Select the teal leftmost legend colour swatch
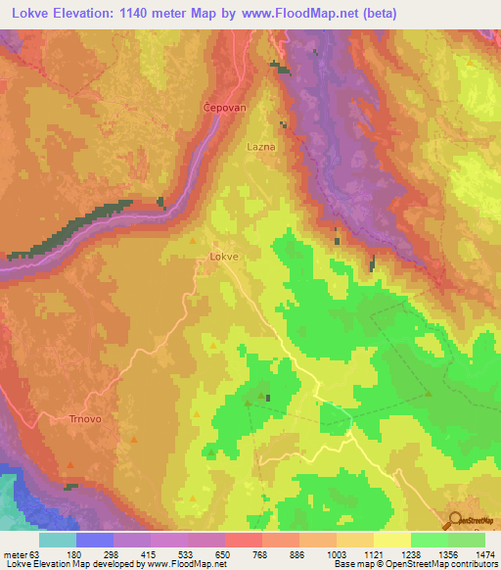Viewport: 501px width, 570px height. [58, 540]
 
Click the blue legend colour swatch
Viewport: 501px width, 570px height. [95, 540]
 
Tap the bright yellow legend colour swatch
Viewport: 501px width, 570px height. [392, 540]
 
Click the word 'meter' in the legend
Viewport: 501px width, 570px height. [10, 554]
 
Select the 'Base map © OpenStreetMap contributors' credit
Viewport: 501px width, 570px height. [415, 565]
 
